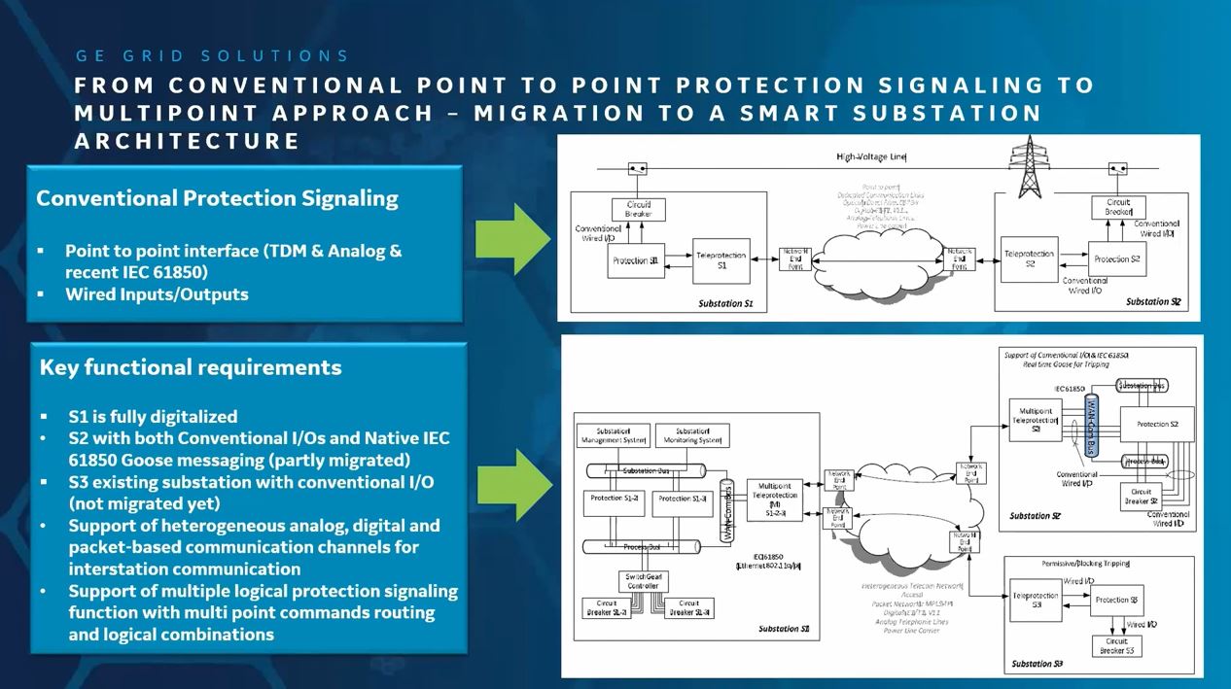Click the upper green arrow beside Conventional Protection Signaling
coord(512,239)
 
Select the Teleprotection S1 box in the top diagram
coord(721,260)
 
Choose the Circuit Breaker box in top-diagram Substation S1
coord(638,209)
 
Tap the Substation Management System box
coord(613,435)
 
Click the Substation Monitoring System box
coord(691,435)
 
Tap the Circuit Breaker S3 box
coord(1115,646)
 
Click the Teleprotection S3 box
coord(1037,601)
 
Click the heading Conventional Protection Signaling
coord(217,198)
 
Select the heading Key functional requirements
coord(191,367)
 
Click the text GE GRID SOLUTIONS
coord(212,56)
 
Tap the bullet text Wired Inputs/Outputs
coord(157,293)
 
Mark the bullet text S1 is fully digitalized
coord(153,416)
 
